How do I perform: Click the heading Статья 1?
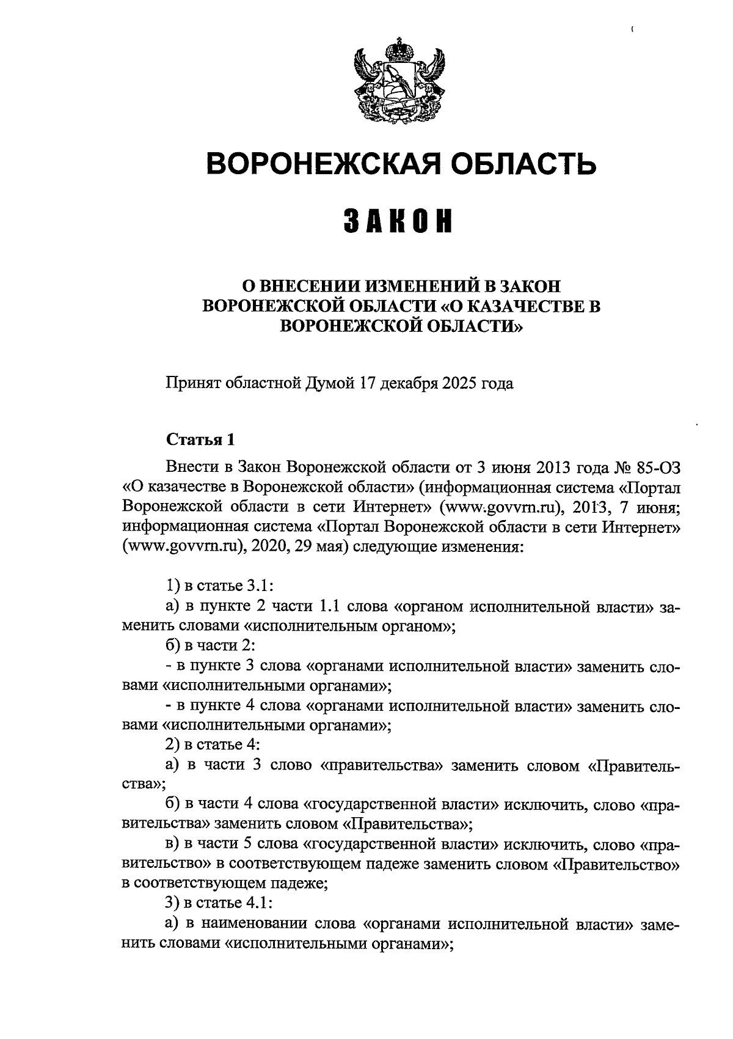200,439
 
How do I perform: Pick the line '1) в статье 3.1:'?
219,586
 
